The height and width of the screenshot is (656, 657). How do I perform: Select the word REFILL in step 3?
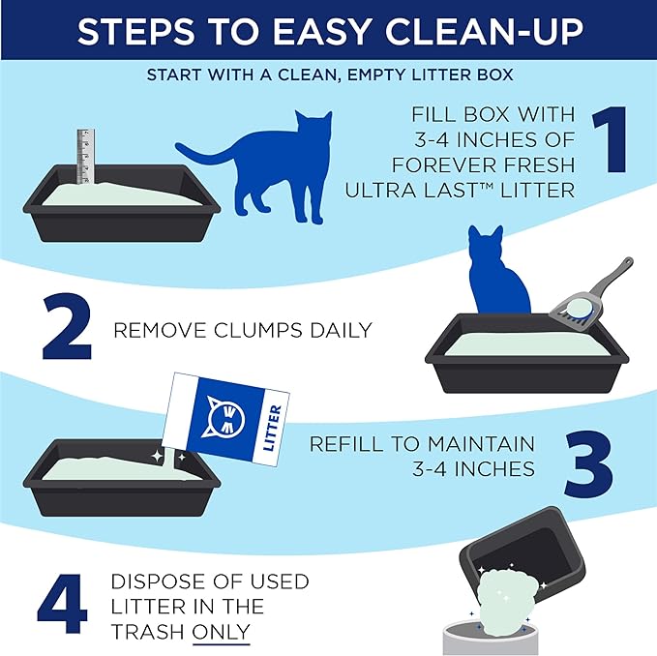click(x=346, y=443)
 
